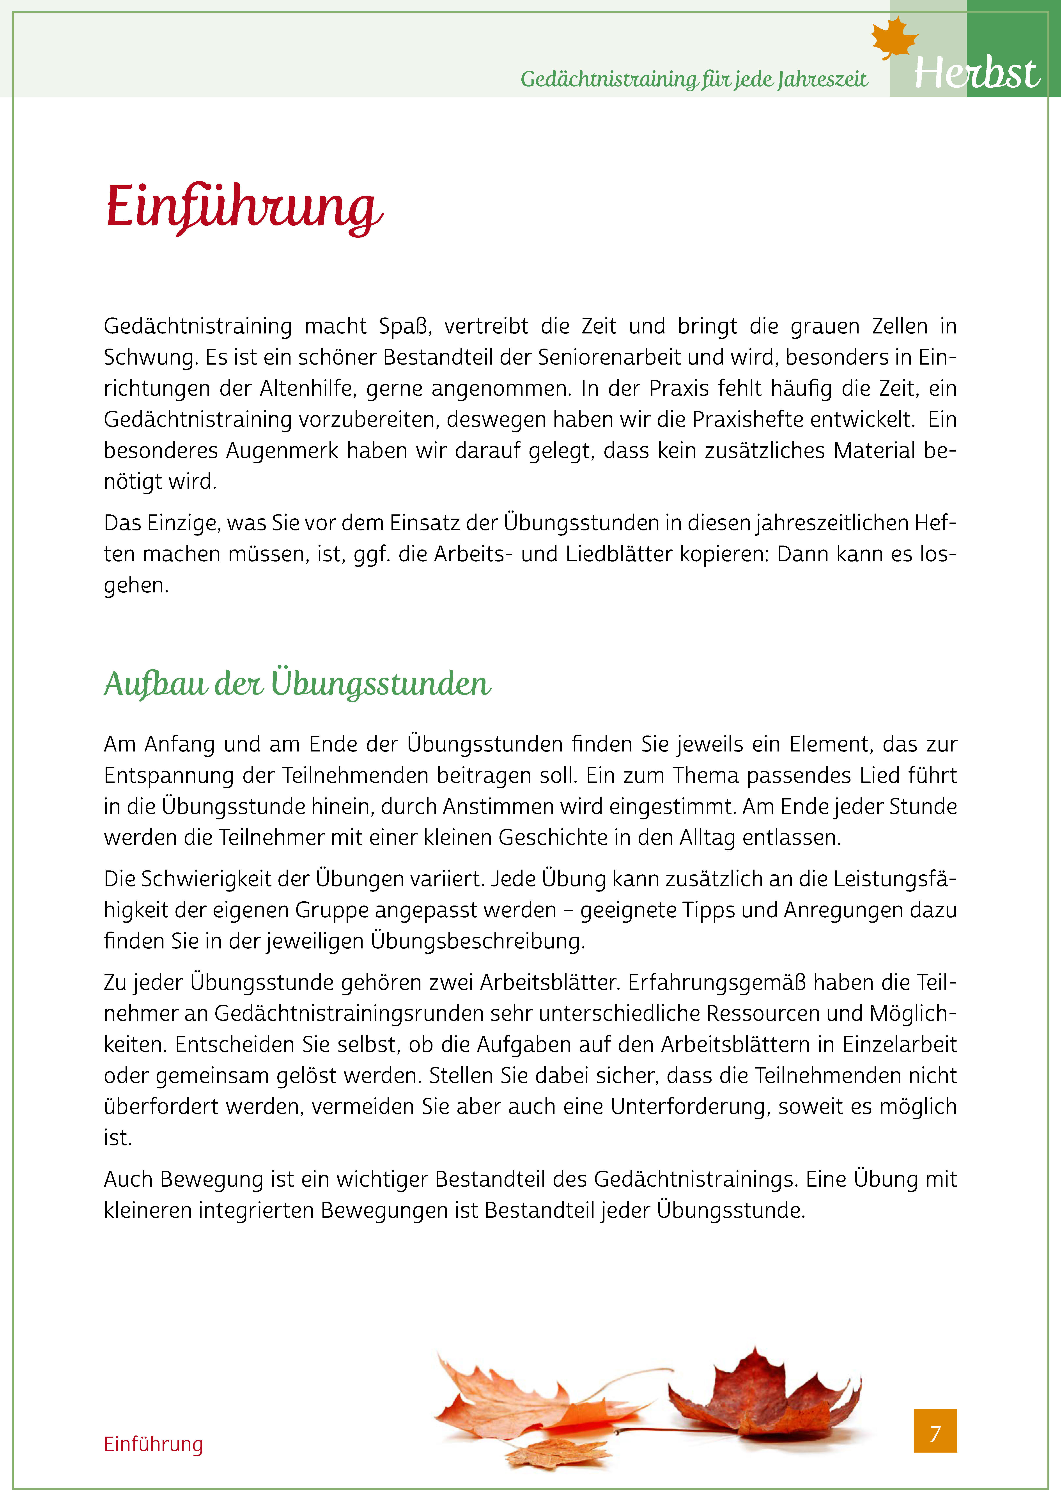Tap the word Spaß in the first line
pyautogui.click(x=401, y=326)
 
